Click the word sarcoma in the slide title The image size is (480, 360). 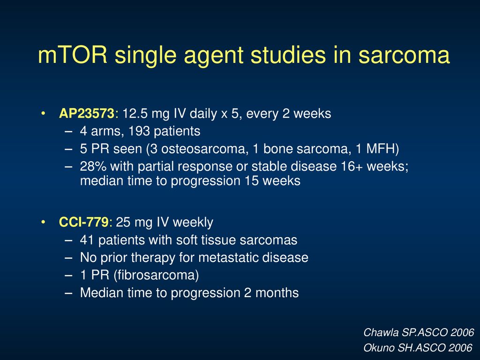click(x=404, y=55)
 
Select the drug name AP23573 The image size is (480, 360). click(x=87, y=113)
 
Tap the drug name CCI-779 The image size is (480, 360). click(x=83, y=222)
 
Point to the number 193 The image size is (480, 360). click(x=139, y=131)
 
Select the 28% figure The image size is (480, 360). click(x=93, y=166)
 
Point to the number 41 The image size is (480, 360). click(x=87, y=240)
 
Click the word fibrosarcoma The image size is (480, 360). click(x=156, y=275)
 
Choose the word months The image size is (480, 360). click(x=277, y=293)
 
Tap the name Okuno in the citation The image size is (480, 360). click(x=379, y=348)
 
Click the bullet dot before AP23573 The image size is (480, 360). click(x=43, y=113)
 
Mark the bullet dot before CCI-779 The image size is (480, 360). click(x=43, y=222)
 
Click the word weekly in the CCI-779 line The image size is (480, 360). click(x=193, y=223)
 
